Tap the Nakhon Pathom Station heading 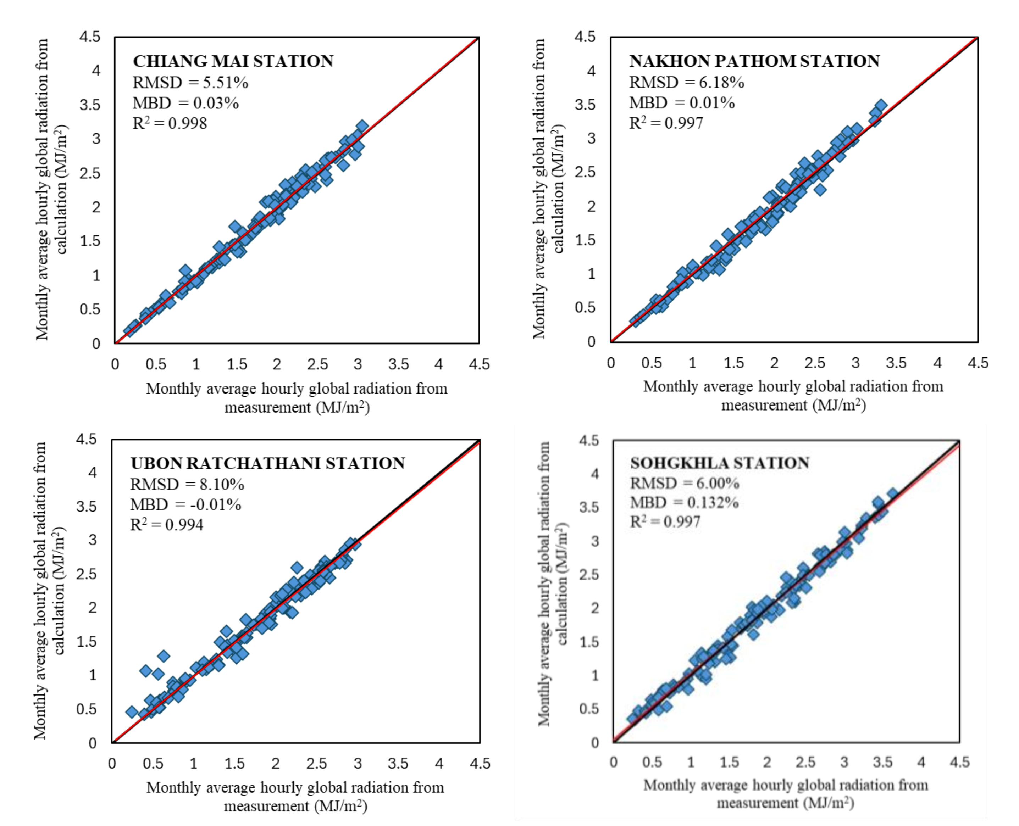(754, 61)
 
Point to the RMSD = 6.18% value (686, 83)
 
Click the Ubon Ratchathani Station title (267, 463)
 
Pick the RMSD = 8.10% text (187, 484)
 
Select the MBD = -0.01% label (185, 504)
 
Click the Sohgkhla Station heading (719, 463)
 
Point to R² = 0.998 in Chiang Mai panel (170, 124)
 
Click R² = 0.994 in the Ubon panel (167, 525)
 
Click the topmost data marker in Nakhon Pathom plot (881, 106)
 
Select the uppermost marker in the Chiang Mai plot (362, 127)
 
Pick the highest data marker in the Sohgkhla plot (892, 494)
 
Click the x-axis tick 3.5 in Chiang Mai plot (398, 364)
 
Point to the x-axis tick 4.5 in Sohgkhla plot (959, 762)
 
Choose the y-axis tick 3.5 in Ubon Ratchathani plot (86, 506)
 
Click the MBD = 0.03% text (185, 103)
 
